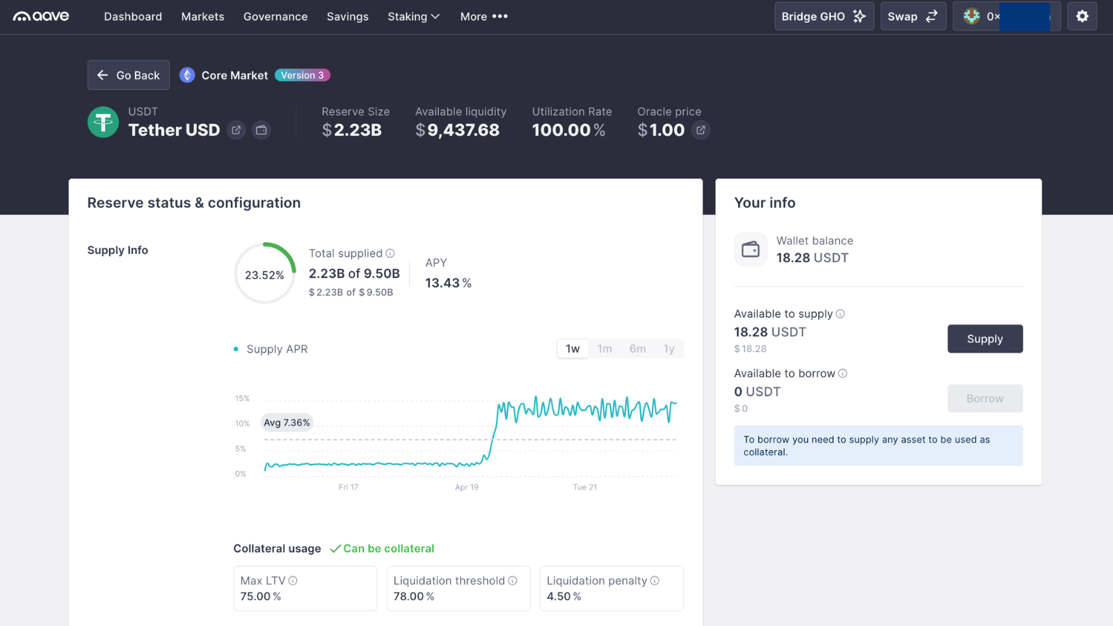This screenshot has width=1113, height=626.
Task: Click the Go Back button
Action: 129,75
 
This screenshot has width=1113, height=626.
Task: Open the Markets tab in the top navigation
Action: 202,17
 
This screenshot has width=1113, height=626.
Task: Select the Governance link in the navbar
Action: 275,17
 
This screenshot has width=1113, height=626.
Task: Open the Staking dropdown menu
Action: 413,17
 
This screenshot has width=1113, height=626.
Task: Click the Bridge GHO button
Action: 824,17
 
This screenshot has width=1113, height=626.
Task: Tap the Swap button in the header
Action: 913,17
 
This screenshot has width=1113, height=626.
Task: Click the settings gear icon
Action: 1082,17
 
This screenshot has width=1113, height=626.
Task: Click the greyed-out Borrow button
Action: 984,399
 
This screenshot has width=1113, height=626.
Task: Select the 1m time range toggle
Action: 604,348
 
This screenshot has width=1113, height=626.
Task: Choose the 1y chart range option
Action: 668,348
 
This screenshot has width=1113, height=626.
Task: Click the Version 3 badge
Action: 302,75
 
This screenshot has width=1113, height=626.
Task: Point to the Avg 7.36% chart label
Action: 287,422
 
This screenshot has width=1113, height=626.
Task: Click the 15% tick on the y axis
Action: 242,399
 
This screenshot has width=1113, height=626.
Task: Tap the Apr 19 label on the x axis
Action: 467,487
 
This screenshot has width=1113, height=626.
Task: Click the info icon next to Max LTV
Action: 293,581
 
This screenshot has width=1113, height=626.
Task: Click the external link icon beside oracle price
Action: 700,130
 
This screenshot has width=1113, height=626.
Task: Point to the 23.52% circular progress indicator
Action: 264,274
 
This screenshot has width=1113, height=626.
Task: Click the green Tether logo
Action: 103,122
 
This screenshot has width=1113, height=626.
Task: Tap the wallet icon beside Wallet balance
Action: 751,250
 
